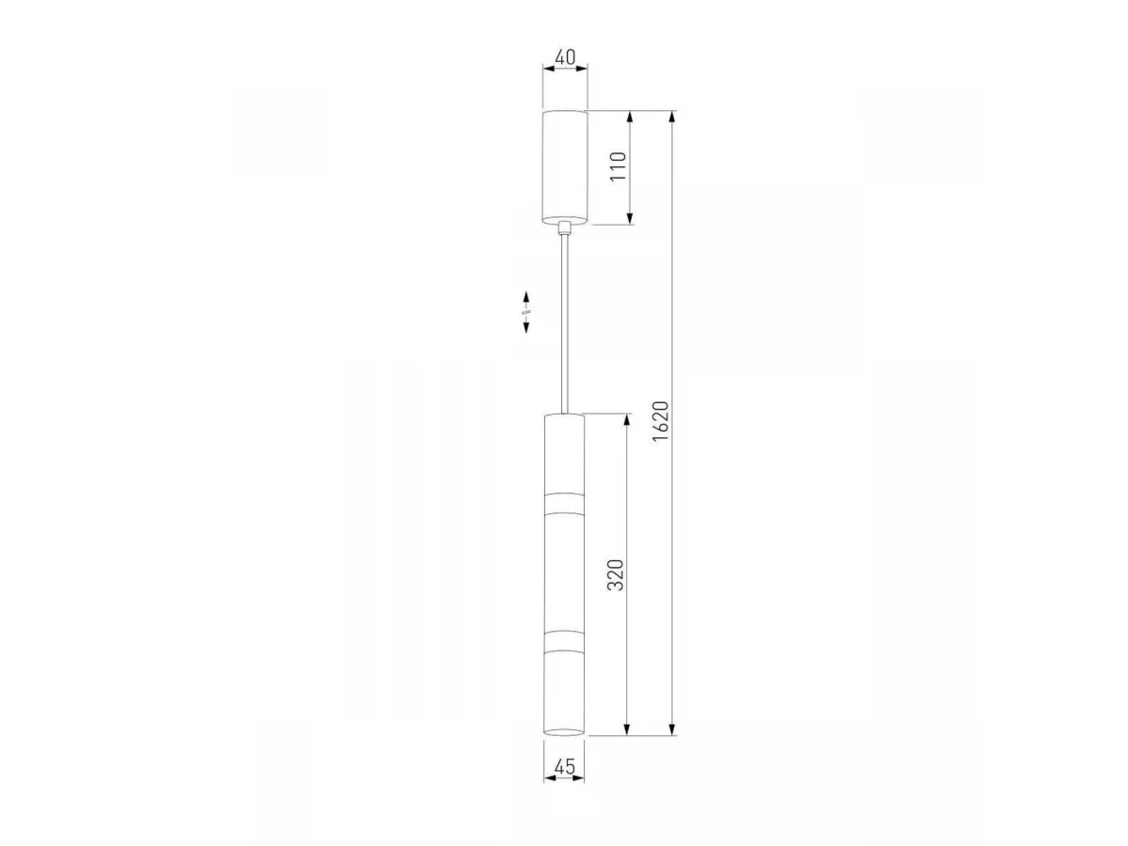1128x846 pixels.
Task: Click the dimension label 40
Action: [565, 57]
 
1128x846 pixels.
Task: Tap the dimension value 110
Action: [619, 166]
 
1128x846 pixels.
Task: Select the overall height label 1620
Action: [661, 421]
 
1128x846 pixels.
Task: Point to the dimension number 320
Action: [615, 574]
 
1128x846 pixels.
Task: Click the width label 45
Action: [565, 767]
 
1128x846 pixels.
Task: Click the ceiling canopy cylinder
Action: [565, 167]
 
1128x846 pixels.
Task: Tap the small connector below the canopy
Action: [565, 227]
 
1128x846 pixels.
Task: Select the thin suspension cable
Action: [565, 323]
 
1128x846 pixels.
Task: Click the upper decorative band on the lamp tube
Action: [564, 504]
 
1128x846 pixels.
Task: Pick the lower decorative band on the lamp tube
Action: [564, 641]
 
